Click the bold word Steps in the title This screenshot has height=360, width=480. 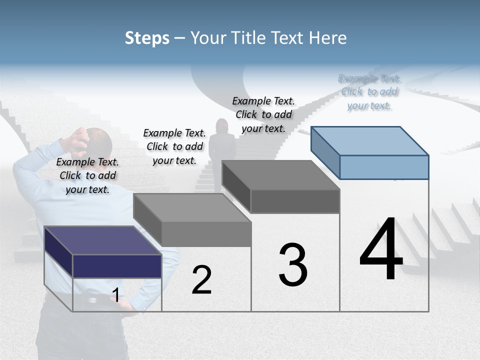(x=147, y=38)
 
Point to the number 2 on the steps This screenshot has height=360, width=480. (x=201, y=280)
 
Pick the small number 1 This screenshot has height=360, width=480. (x=115, y=295)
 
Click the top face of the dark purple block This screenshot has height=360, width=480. (x=103, y=240)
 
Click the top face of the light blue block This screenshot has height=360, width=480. (x=370, y=140)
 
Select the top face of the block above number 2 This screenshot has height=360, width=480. (x=192, y=207)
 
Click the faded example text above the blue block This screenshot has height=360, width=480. (x=369, y=92)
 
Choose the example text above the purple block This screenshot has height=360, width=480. (x=87, y=175)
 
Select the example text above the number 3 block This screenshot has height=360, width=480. (x=263, y=114)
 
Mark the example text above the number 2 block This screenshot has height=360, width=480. (x=174, y=146)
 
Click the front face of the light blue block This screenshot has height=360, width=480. (x=384, y=167)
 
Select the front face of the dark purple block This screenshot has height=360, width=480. (x=117, y=266)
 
